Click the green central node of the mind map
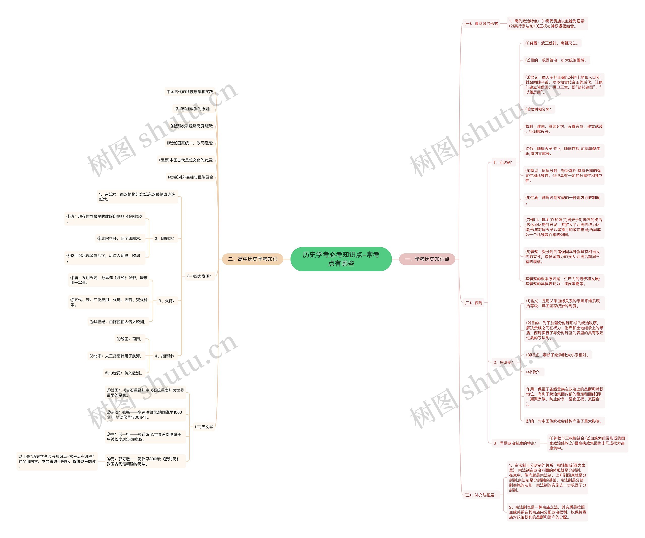tap(341, 259)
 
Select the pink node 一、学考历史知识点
tap(427, 259)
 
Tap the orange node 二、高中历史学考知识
tap(252, 259)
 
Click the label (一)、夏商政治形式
tap(481, 23)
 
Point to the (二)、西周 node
tap(473, 303)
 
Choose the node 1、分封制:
tap(503, 162)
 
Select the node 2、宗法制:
tap(503, 362)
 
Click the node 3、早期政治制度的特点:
tap(515, 443)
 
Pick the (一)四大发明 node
tap(199, 276)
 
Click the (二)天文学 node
tap(204, 427)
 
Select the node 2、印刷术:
tap(165, 238)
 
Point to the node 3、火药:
tap(167, 301)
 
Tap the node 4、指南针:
tap(165, 356)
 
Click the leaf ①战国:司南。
tap(129, 339)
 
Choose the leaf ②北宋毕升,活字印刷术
tap(120, 238)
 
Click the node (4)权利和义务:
tap(538, 109)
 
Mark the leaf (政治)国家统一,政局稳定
tap(189, 143)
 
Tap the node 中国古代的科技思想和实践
tap(189, 92)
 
